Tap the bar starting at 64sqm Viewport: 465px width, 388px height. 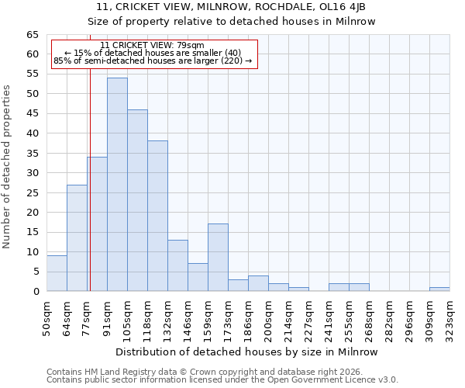pos(77,237)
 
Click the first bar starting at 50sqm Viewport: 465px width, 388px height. pos(57,273)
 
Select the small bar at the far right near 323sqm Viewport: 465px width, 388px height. pos(439,289)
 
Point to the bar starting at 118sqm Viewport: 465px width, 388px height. pos(157,216)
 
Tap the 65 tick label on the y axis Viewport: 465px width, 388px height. pos(32,35)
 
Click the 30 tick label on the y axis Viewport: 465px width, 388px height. pos(32,173)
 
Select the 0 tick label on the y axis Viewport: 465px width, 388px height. pos(35,292)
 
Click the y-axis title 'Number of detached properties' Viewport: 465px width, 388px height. pos(8,167)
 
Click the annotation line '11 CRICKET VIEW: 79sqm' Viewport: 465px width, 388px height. pos(153,46)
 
